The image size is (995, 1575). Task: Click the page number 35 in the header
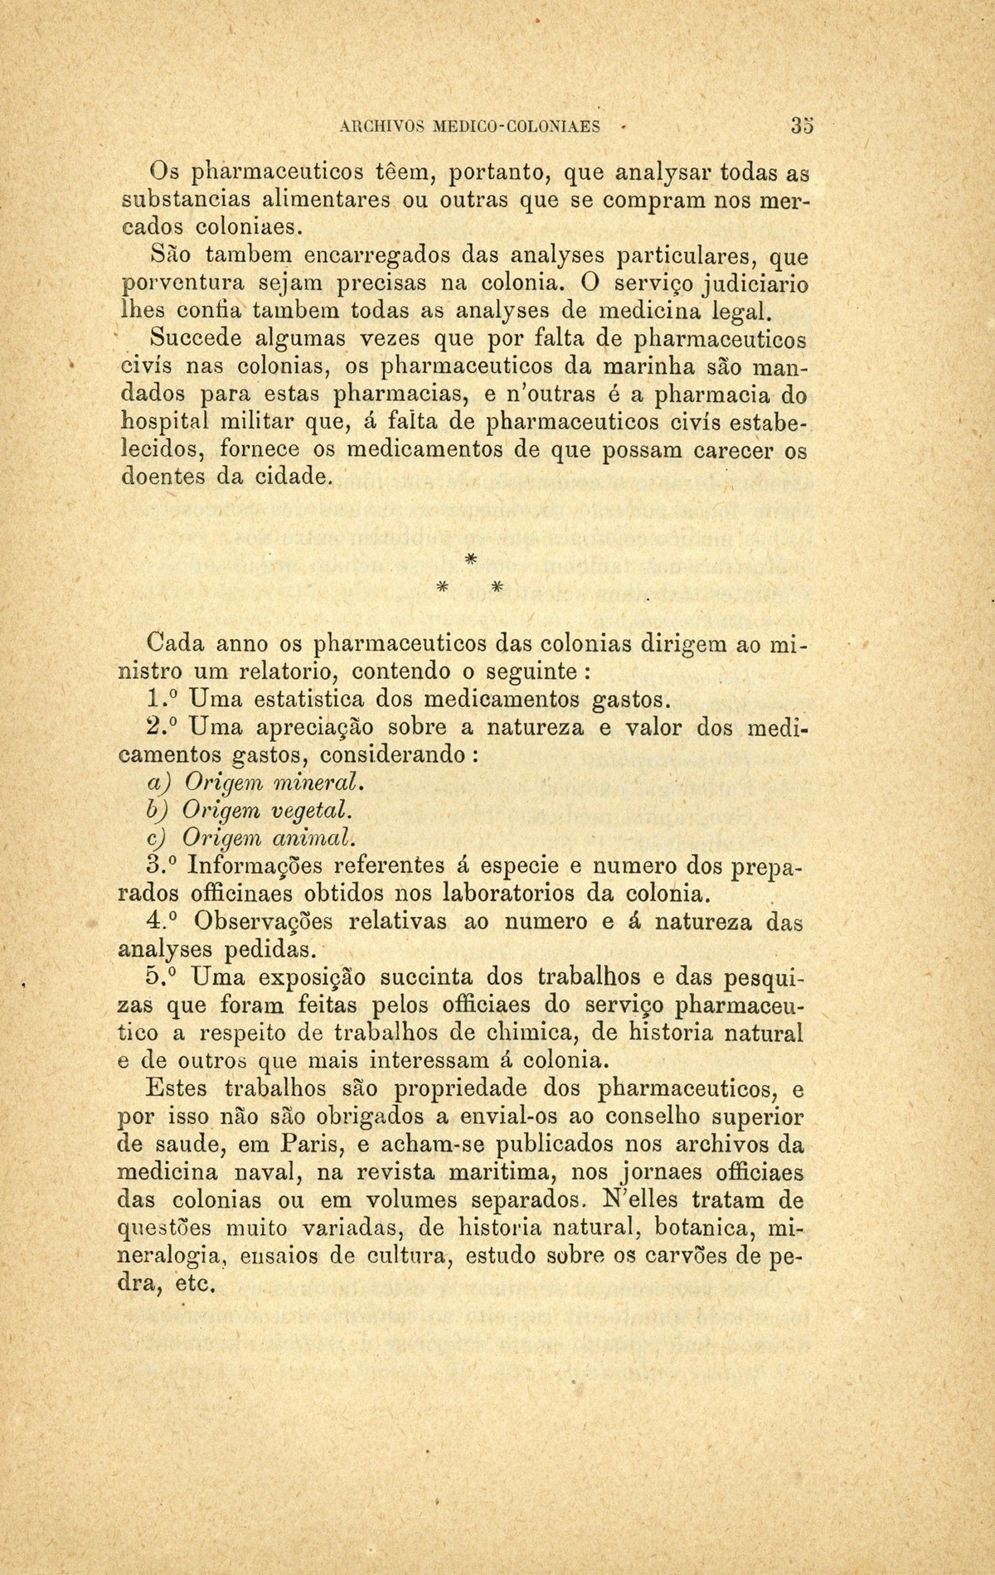[801, 127]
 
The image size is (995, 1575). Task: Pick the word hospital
[164, 423]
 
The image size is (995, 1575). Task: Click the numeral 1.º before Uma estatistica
[163, 698]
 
